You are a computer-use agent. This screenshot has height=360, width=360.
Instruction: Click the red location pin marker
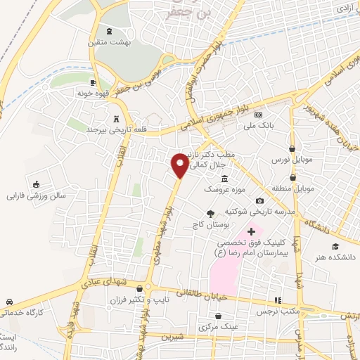(180, 165)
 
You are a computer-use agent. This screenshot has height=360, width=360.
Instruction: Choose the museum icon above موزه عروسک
(224, 178)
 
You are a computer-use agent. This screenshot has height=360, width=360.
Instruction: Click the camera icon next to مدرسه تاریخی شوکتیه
(259, 201)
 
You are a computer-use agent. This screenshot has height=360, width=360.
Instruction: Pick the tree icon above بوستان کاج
(210, 214)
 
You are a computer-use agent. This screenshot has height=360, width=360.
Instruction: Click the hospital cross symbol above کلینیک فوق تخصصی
(251, 231)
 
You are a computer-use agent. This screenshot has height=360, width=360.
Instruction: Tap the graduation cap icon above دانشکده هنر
(336, 246)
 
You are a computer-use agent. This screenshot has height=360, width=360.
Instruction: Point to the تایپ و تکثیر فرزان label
(130, 300)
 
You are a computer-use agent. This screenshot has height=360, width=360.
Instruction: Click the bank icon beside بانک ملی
(259, 115)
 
